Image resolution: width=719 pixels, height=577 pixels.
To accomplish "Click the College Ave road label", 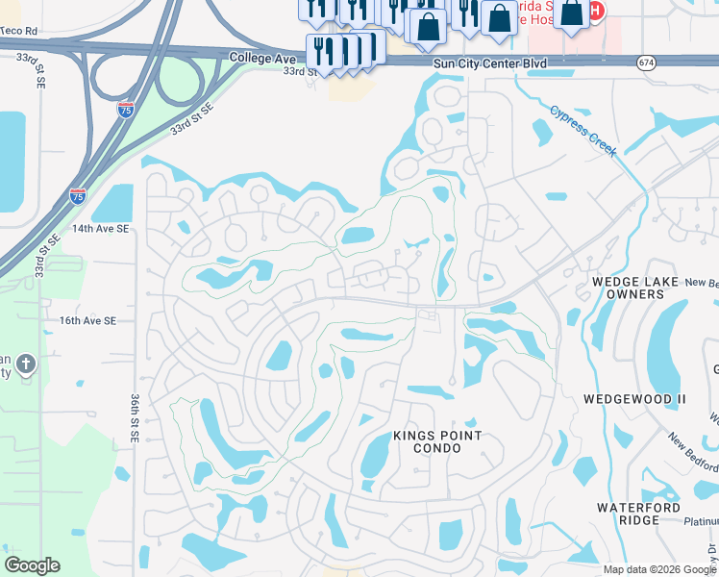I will coord(260,58).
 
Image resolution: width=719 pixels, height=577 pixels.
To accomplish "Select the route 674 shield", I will coord(646,63).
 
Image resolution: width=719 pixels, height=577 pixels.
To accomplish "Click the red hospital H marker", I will coord(596,12).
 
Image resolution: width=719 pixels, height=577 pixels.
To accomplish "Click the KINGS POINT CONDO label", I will coord(437,442).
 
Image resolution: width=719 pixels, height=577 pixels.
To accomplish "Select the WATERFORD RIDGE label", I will coord(638,514).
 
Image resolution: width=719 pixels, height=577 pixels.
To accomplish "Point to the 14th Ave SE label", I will coord(100,229).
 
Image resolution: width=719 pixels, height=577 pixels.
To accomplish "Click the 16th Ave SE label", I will coord(87,320).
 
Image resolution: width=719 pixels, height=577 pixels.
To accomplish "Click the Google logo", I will coord(32,565).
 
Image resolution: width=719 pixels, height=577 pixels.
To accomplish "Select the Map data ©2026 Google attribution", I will coord(658,569).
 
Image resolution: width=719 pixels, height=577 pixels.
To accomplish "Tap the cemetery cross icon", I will coord(26,364).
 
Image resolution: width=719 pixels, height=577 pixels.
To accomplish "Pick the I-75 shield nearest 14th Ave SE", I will coord(78,195).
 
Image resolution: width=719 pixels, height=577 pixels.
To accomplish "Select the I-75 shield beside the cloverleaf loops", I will coord(126,110).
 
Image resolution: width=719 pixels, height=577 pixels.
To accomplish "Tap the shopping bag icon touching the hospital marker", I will coord(571,13).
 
